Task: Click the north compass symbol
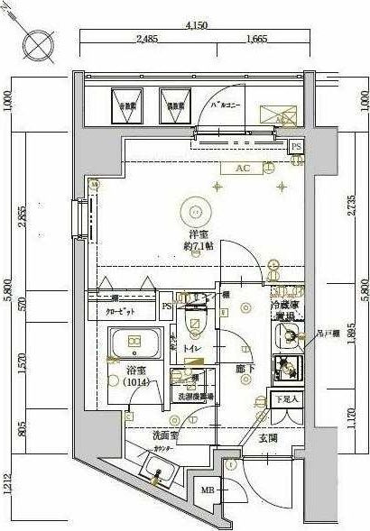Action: (37, 42)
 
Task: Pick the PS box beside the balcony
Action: (295, 145)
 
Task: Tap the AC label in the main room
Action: (242, 169)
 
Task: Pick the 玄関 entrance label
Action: (268, 438)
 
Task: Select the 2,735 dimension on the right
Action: (351, 208)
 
